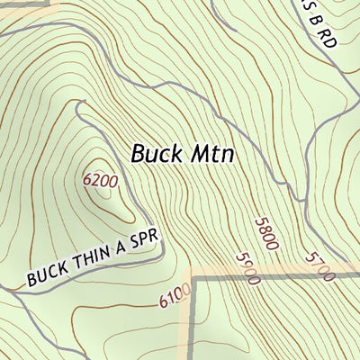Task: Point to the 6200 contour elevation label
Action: coord(100,180)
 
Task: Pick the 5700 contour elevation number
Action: coord(319,266)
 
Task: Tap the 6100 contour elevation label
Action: coord(175,294)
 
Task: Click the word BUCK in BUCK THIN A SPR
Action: coord(45,274)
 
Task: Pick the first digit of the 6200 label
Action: coord(87,179)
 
